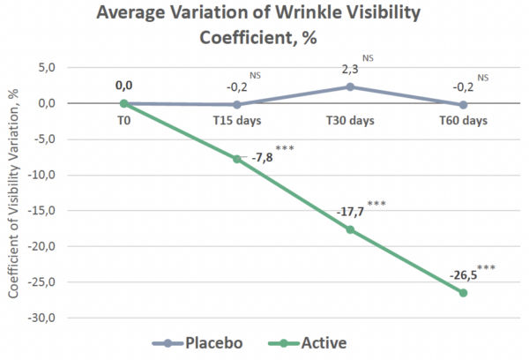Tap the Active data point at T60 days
click(463, 292)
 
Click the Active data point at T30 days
click(350, 229)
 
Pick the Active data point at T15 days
click(237, 159)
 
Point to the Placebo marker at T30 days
click(350, 86)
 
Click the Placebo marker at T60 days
click(463, 104)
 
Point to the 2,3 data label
click(350, 69)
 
